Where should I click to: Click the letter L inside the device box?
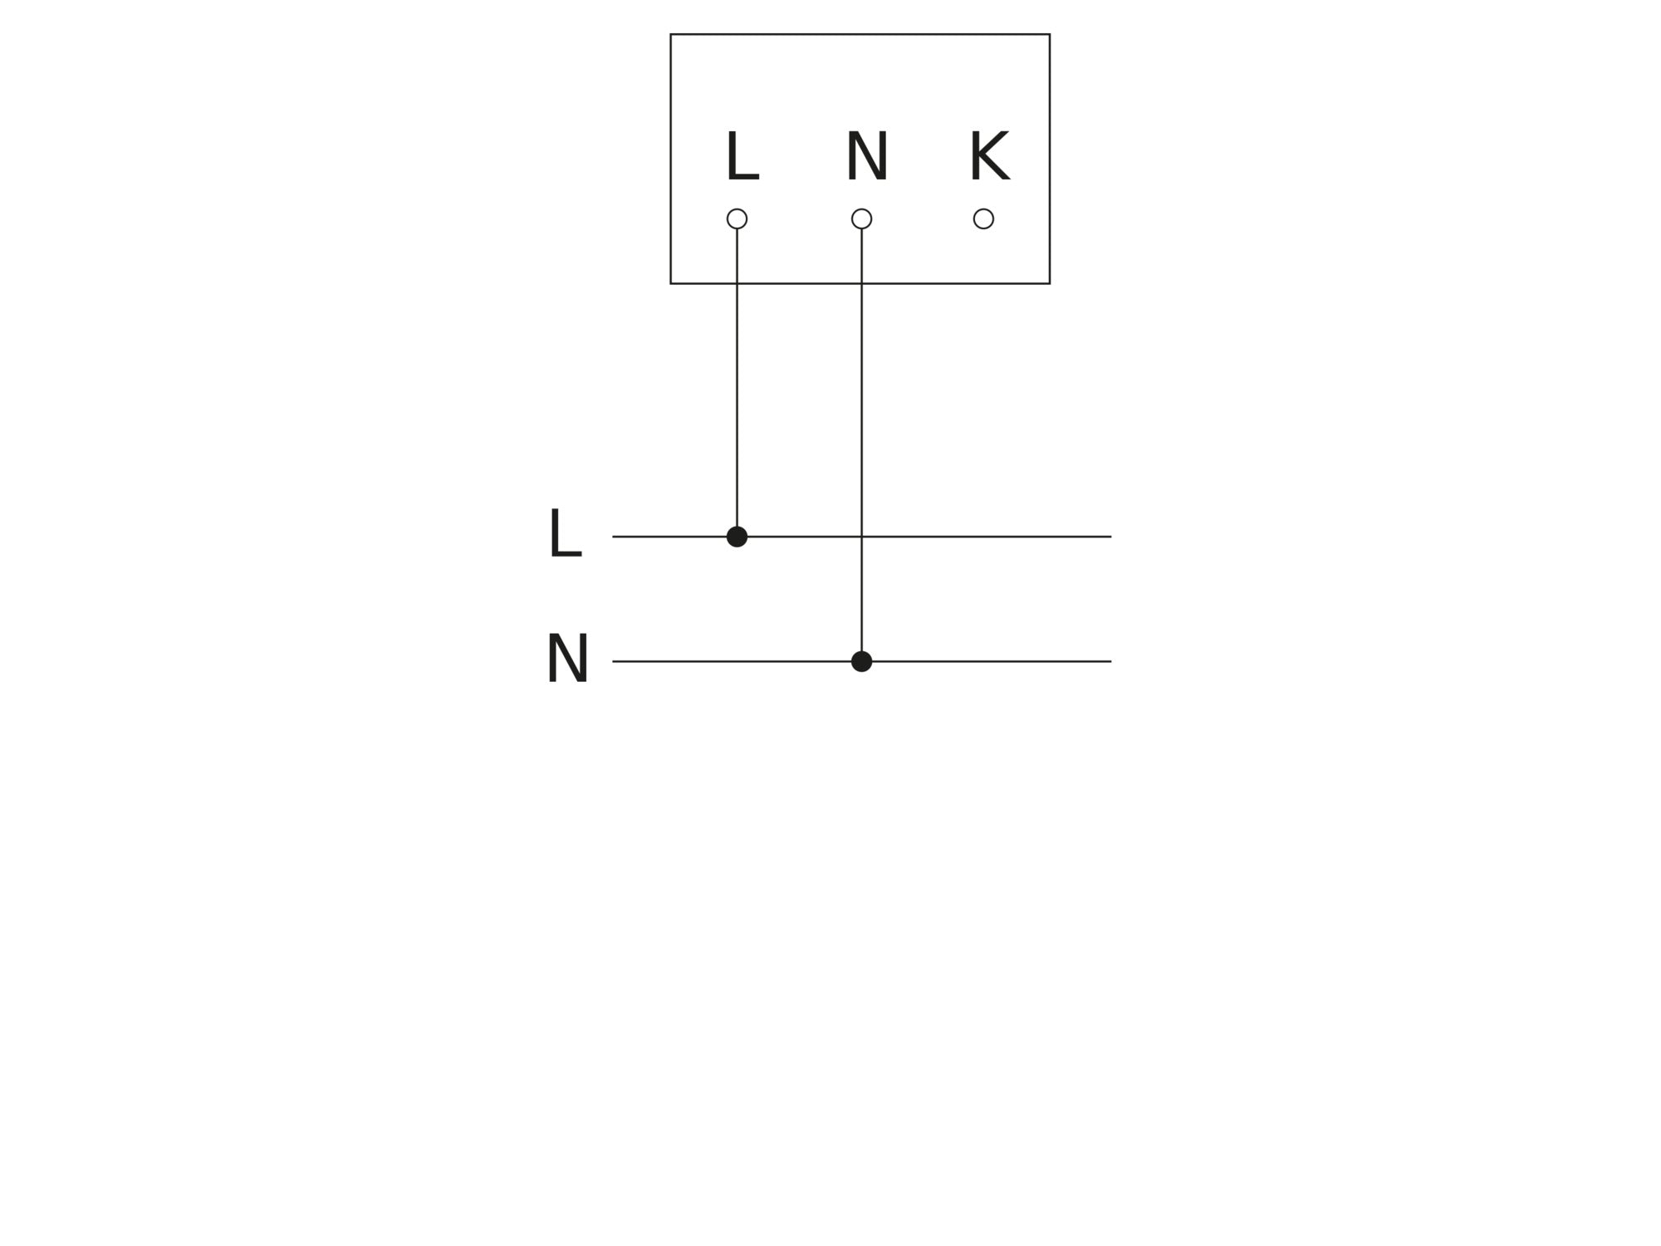pyautogui.click(x=741, y=156)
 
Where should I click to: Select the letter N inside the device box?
pyautogui.click(x=866, y=156)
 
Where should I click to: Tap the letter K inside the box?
pyautogui.click(x=989, y=156)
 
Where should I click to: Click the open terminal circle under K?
pyautogui.click(x=983, y=218)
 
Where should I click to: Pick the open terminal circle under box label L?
pyautogui.click(x=737, y=218)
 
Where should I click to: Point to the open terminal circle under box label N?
pyautogui.click(x=861, y=218)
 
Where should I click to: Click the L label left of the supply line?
pyautogui.click(x=565, y=534)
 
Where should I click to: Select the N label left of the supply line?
pyautogui.click(x=567, y=659)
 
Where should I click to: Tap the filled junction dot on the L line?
pyautogui.click(x=737, y=537)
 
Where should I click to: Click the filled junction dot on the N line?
pyautogui.click(x=861, y=661)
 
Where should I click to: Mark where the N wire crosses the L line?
pyautogui.click(x=861, y=537)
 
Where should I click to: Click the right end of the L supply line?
pyautogui.click(x=1110, y=537)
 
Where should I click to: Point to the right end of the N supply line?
pyautogui.click(x=1110, y=661)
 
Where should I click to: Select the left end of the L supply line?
pyautogui.click(x=614, y=537)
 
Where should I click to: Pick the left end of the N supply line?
pyautogui.click(x=614, y=661)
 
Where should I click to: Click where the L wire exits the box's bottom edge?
pyautogui.click(x=737, y=283)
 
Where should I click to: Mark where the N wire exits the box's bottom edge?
pyautogui.click(x=861, y=283)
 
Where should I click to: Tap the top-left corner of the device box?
pyautogui.click(x=671, y=35)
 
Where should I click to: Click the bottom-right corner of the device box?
pyautogui.click(x=1050, y=283)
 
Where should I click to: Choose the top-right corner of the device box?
pyautogui.click(x=1050, y=35)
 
